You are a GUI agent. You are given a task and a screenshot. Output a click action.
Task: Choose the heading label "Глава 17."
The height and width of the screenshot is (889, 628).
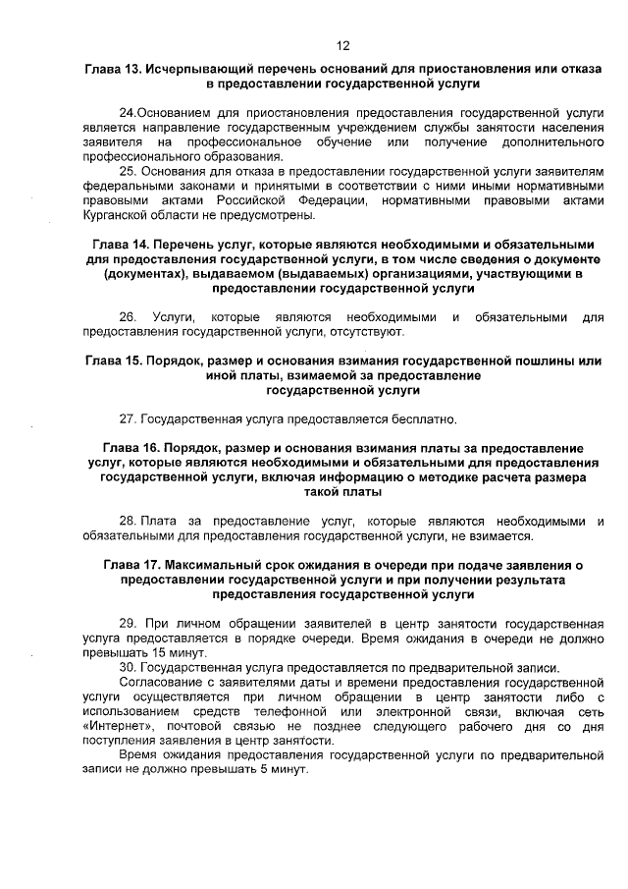[x=131, y=567]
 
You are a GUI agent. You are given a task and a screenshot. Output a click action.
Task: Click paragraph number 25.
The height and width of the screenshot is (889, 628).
[x=126, y=171]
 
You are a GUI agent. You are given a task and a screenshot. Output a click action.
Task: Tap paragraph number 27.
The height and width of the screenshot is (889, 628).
[x=127, y=419]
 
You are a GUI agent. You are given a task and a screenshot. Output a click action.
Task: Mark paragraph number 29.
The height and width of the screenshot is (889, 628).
[x=127, y=624]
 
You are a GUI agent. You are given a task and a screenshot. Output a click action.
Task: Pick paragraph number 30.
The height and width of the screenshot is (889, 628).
[x=127, y=668]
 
